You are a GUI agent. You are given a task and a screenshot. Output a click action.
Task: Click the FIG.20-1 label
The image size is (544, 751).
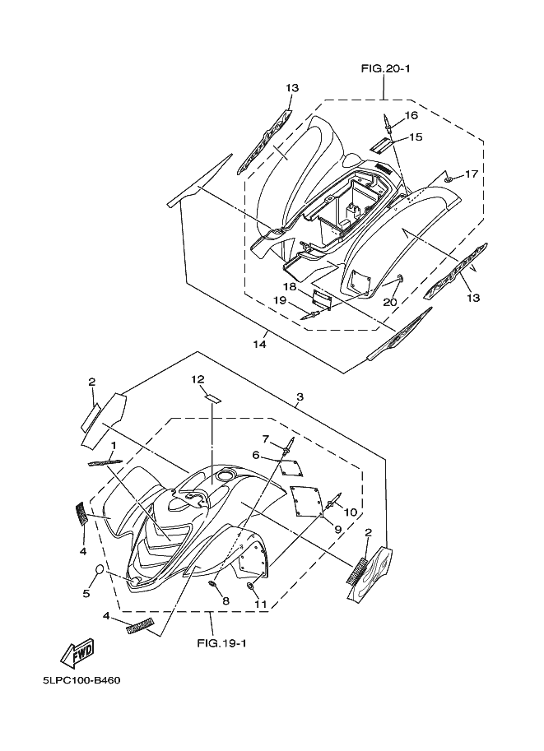(385, 68)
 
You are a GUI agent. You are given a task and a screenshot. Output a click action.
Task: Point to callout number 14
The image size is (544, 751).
(259, 344)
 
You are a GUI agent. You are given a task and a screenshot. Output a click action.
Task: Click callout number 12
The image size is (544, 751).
(198, 379)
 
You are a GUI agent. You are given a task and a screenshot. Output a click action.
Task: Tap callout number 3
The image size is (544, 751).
(300, 397)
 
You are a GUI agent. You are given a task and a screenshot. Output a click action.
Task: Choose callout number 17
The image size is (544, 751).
(471, 174)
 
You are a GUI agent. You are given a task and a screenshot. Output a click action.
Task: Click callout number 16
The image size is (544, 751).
(411, 116)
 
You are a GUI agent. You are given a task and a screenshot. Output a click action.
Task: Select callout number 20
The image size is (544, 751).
(390, 302)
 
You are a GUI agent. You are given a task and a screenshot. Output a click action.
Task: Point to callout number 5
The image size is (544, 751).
(86, 591)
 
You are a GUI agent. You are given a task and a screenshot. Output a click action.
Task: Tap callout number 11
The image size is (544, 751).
(260, 605)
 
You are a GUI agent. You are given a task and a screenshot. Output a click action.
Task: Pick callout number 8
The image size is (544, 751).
(226, 601)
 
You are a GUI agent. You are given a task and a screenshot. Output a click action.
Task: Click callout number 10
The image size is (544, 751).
(351, 512)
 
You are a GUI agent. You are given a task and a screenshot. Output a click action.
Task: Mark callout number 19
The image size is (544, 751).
(281, 301)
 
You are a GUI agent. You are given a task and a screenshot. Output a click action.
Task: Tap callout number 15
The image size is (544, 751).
(415, 137)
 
